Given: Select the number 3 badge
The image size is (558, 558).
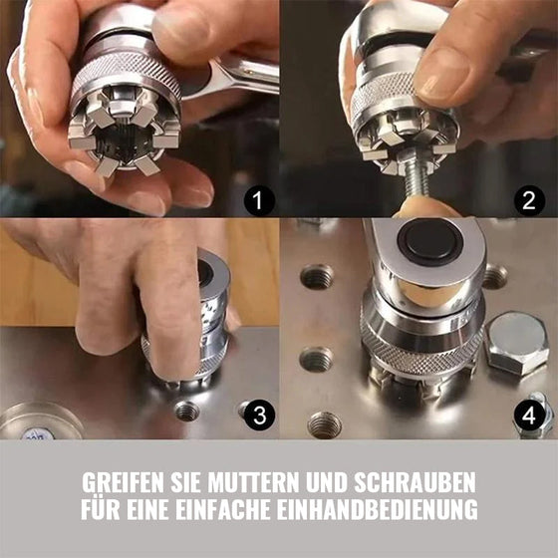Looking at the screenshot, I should click(258, 416).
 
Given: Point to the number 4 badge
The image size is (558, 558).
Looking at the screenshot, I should click(530, 416).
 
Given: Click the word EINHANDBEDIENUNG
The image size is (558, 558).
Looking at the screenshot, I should click(386, 510).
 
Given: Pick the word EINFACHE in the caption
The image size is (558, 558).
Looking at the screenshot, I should click(237, 510).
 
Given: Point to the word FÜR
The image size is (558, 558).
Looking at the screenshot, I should click(101, 510).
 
